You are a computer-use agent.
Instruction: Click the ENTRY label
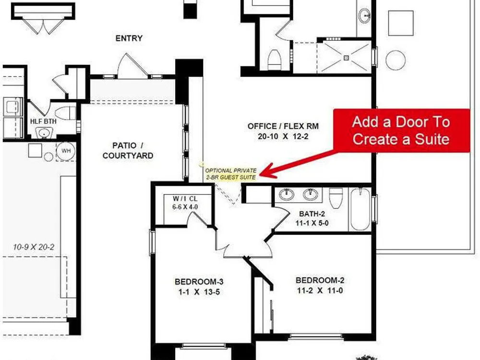129,38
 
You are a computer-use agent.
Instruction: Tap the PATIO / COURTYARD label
128,150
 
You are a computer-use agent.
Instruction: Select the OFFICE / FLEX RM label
283,126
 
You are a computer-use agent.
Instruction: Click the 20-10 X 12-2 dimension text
283,136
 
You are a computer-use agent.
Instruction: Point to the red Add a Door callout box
401,131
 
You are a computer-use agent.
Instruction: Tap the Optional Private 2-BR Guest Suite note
231,174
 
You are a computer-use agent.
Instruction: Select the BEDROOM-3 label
199,282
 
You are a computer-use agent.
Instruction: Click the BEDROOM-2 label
320,280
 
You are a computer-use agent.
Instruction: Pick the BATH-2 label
312,214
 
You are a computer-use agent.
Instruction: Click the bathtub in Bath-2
360,209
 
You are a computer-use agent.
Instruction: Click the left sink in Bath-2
287,194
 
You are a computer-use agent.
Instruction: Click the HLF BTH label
43,121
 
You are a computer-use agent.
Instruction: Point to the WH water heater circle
66,151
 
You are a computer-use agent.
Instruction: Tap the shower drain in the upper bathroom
346,58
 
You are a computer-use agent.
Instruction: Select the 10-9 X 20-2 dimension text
34,247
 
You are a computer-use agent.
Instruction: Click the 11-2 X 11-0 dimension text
320,290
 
